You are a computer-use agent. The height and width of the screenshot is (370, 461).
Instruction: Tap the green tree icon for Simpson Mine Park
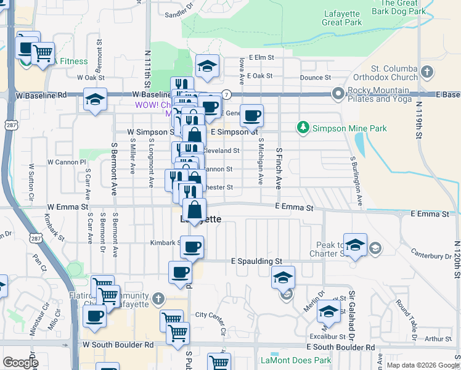pos(303,128)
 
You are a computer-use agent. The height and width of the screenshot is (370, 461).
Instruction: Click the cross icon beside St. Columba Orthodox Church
pos(426,73)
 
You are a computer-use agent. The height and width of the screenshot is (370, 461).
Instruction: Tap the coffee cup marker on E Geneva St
pos(251,115)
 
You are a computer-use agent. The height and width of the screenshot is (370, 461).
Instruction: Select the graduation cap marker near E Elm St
pos(208,66)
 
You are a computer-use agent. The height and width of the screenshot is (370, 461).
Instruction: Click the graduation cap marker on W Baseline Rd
pos(95,99)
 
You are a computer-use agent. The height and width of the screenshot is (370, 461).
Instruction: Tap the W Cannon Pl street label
pos(67,162)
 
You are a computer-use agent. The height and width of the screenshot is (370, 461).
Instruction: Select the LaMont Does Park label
pos(287,360)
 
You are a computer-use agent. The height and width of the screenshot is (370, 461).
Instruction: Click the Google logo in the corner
pos(20,363)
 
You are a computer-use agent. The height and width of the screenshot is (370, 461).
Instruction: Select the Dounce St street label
pos(316,78)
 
